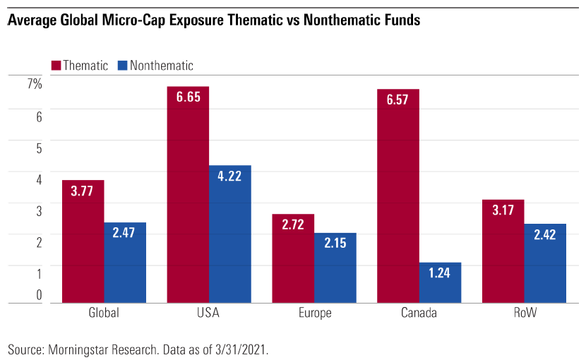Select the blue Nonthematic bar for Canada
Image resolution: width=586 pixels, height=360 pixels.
pyautogui.click(x=440, y=283)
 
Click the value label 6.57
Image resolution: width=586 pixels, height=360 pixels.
pyautogui.click(x=398, y=100)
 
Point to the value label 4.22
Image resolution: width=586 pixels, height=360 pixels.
pyautogui.click(x=230, y=176)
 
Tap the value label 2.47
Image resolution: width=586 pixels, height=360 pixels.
pyautogui.click(x=125, y=233)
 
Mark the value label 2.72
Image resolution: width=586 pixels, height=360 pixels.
pyautogui.click(x=293, y=224)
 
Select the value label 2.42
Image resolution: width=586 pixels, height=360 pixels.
pyautogui.click(x=545, y=234)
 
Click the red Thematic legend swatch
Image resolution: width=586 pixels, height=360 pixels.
pyautogui.click(x=56, y=66)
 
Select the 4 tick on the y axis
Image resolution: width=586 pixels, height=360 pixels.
pyautogui.click(x=40, y=179)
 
